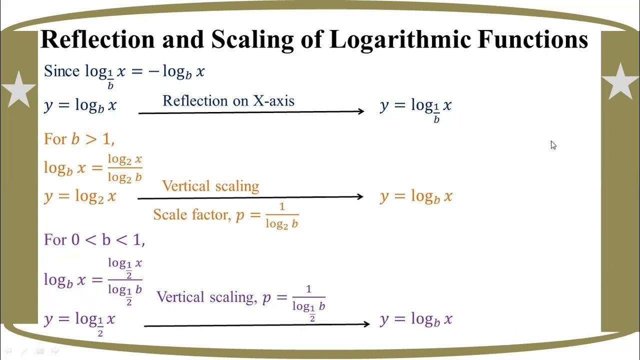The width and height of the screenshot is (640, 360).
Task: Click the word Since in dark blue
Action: (x=61, y=71)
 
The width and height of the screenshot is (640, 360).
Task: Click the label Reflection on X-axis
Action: (x=228, y=100)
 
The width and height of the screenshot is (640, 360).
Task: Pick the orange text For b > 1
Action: (x=79, y=138)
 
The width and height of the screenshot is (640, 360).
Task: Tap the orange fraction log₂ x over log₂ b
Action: (x=125, y=168)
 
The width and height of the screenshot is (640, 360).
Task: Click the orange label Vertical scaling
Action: (x=210, y=186)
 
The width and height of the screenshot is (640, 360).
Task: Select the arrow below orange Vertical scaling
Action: (x=250, y=197)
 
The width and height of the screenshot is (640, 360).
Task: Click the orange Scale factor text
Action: (x=190, y=214)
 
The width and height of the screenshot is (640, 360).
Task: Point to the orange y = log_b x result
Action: (x=416, y=196)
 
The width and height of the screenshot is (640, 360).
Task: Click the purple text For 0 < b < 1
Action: (x=94, y=240)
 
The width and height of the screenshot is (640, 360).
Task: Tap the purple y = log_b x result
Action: (x=416, y=319)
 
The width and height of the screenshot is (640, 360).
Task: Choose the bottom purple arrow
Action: (x=256, y=325)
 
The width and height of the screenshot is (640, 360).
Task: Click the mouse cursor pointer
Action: (x=553, y=145)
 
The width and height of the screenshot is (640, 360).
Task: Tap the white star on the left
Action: (x=18, y=89)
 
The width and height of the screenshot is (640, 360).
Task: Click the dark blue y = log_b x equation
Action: (x=80, y=105)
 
